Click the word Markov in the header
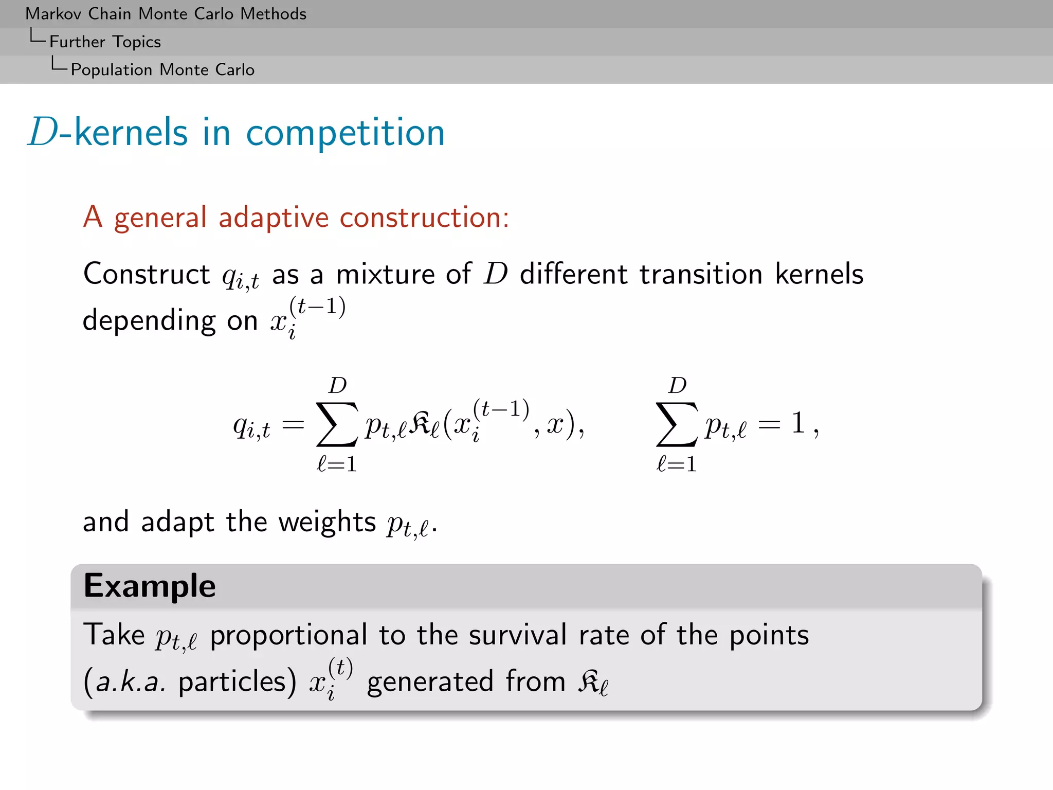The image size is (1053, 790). point(54,14)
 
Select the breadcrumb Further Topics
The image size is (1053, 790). point(105,42)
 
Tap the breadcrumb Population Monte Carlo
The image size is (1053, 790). point(162,69)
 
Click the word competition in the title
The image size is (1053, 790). point(345,133)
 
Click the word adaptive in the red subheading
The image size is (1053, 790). point(273,218)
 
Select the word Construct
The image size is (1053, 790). point(147,274)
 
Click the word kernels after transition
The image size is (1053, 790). point(819,274)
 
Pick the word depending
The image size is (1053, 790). point(149,321)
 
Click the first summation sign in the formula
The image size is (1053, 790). point(337,424)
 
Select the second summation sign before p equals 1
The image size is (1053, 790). point(677,424)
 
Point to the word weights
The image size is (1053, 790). point(327,523)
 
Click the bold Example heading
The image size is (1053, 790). point(150,586)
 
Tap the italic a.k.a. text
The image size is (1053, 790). point(131,683)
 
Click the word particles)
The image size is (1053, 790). point(237,683)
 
